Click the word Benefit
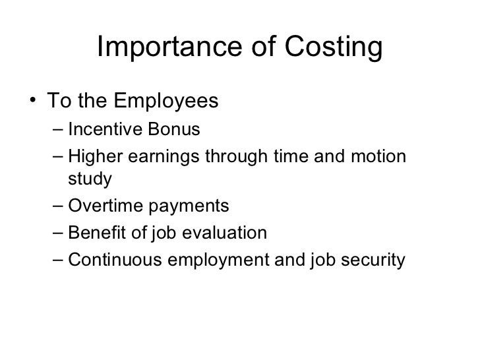click(96, 233)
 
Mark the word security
click(370, 261)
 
